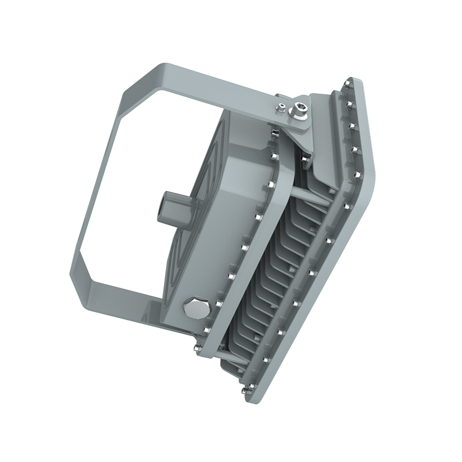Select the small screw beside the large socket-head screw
pyautogui.click(x=280, y=108)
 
